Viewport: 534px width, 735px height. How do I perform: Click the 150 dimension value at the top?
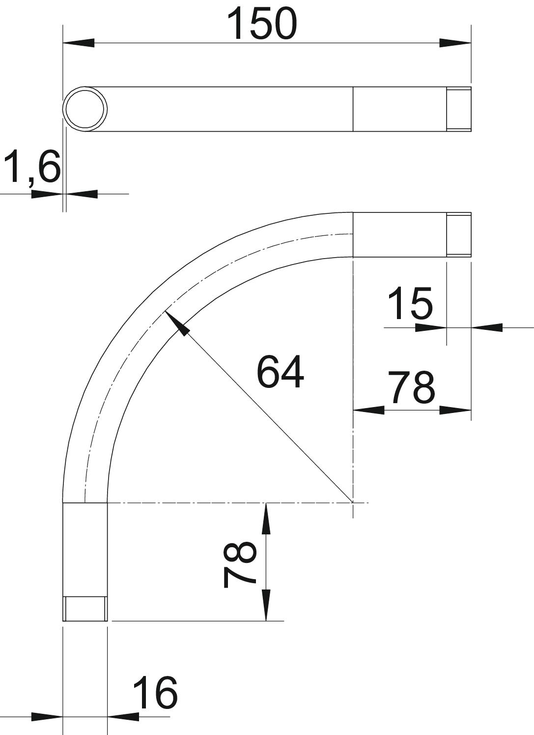pyautogui.click(x=262, y=23)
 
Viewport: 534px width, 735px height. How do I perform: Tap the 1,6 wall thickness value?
pyautogui.click(x=32, y=166)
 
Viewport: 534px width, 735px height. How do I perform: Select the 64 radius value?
pyautogui.click(x=280, y=372)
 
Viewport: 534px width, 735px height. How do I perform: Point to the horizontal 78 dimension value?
pyautogui.click(x=412, y=387)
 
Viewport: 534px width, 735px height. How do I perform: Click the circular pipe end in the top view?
pyautogui.click(x=85, y=109)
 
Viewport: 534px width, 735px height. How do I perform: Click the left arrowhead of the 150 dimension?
pyautogui.click(x=78, y=43)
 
